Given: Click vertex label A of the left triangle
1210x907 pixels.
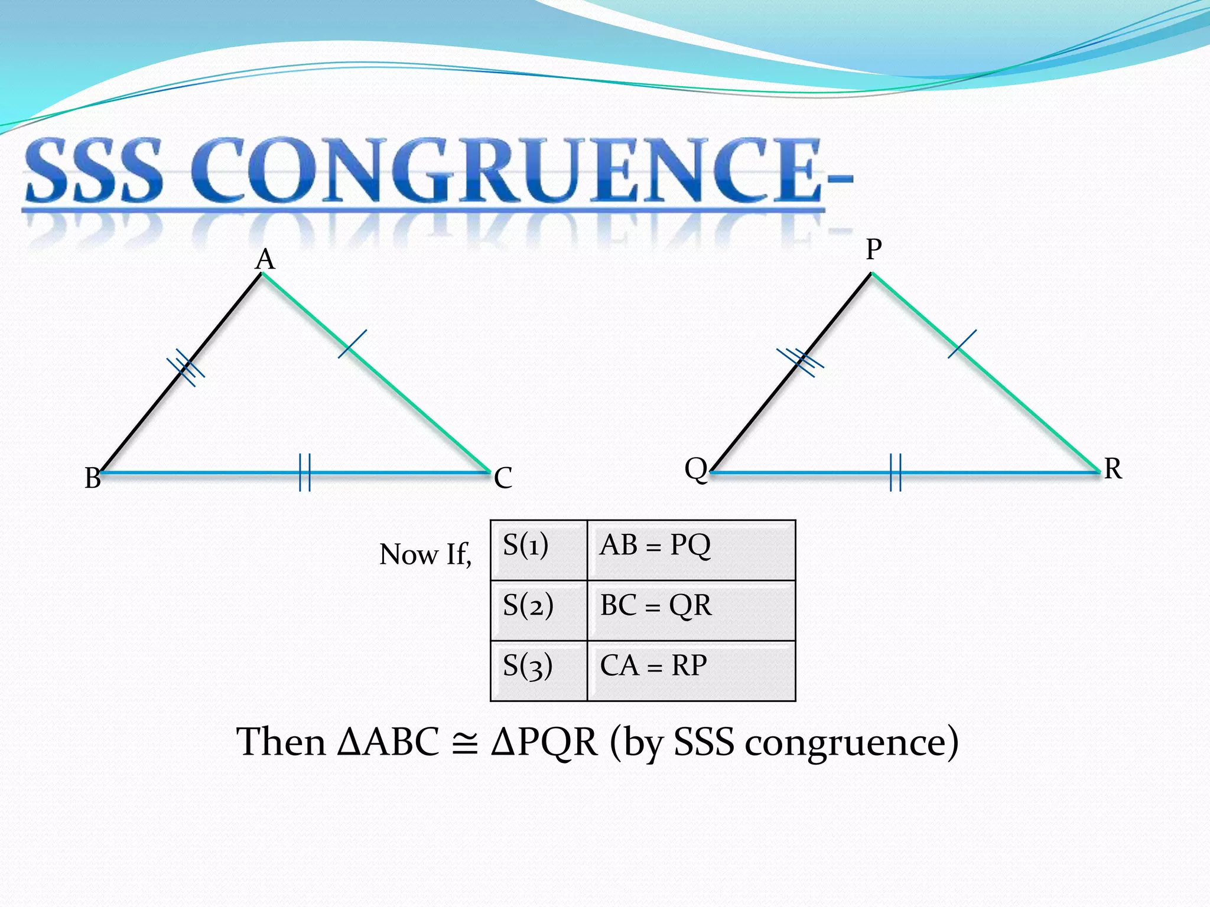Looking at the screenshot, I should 265,260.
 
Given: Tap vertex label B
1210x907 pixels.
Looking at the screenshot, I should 93,478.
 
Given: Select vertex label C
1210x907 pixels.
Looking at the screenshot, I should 503,478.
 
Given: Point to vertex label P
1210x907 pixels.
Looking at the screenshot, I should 874,249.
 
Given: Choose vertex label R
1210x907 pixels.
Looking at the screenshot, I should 1113,469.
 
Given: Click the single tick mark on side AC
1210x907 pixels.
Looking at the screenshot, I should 352,344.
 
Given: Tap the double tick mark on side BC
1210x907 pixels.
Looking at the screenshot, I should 305,472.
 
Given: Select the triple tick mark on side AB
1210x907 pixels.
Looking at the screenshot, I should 186,367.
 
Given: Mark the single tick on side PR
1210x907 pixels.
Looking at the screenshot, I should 962,344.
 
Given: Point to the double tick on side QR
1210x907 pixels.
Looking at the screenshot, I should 896,472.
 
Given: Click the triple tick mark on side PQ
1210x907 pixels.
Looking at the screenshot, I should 800,361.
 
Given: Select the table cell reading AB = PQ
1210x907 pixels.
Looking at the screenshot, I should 691,550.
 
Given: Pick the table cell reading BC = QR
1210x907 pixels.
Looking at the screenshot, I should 691,610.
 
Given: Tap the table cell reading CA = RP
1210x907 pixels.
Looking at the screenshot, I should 691,671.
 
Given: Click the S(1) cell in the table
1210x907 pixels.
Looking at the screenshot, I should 538,550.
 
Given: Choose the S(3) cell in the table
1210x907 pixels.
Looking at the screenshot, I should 538,671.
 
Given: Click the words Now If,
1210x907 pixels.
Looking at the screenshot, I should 425,554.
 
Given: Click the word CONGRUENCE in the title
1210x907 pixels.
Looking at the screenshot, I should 505,171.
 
